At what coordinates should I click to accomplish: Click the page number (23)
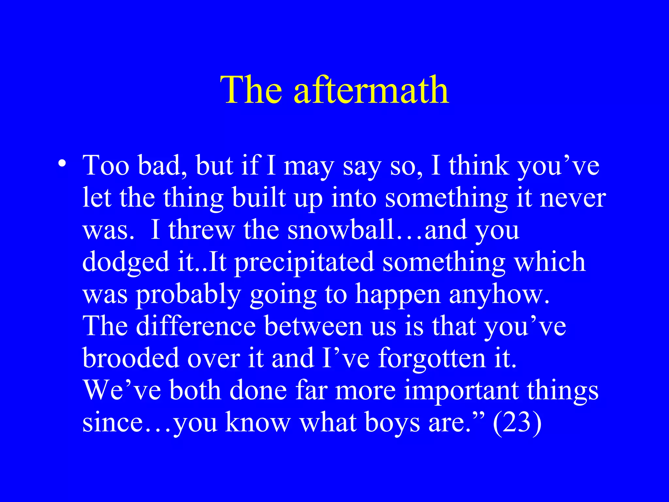pyautogui.click(x=517, y=423)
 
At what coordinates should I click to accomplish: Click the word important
pyautogui.click(x=461, y=391)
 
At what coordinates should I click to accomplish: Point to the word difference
pyautogui.click(x=196, y=326)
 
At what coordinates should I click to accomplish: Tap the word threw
pyautogui.click(x=202, y=230)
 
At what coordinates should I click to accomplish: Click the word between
pyautogui.click(x=313, y=326)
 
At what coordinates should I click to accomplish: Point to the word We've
pyautogui.click(x=122, y=391)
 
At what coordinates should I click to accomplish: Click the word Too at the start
pyautogui.click(x=106, y=165)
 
